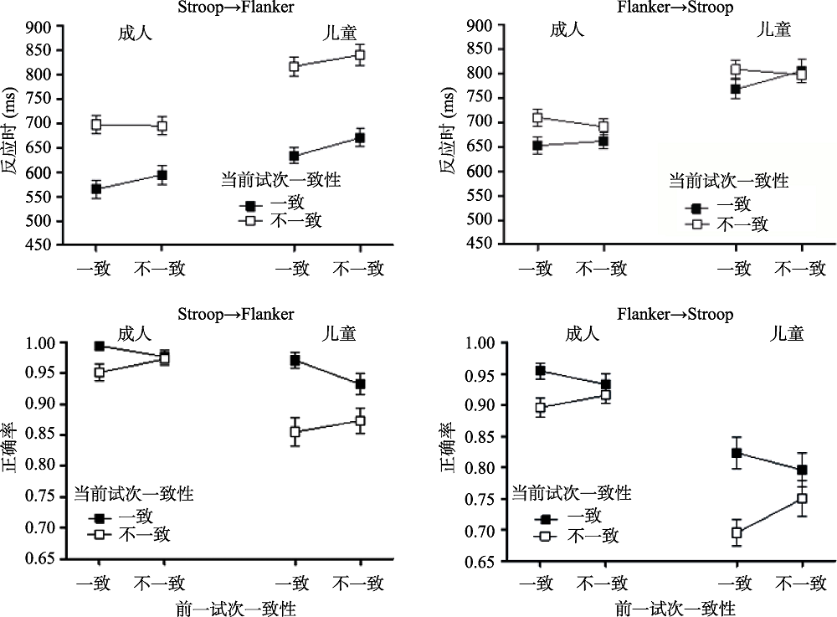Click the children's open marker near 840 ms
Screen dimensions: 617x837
click(x=360, y=55)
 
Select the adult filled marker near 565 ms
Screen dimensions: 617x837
click(x=96, y=189)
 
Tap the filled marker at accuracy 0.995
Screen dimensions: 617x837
click(x=100, y=346)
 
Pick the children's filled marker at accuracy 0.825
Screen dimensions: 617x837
click(x=737, y=453)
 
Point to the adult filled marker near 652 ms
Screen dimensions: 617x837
click(x=537, y=146)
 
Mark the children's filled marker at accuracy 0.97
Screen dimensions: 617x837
click(x=294, y=361)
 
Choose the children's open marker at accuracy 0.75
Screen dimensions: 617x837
click(x=802, y=498)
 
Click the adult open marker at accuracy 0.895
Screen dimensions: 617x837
click(x=540, y=408)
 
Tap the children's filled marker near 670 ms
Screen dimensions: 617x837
click(x=360, y=139)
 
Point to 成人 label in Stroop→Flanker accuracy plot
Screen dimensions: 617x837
click(x=134, y=333)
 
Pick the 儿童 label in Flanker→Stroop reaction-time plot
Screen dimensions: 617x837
click(x=774, y=29)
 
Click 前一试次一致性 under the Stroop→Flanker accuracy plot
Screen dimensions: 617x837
click(x=235, y=607)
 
